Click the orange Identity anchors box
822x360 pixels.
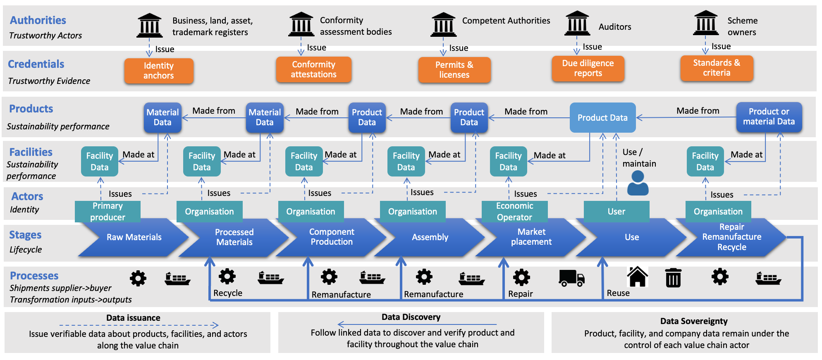tap(159, 71)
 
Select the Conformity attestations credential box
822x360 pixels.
tap(313, 69)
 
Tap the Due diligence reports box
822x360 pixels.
tap(588, 68)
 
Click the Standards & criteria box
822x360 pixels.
tap(717, 68)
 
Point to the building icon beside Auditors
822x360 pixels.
tap(577, 24)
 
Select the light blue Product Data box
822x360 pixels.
tap(602, 118)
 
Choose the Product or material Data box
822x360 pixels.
tap(769, 117)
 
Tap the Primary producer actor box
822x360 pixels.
tap(108, 211)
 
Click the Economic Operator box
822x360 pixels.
tap(514, 211)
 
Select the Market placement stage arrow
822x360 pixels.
tap(531, 237)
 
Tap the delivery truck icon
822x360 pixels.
tap(571, 278)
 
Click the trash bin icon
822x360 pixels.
tap(673, 277)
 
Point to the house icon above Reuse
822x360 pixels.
tap(637, 277)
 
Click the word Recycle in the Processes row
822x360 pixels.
tap(228, 293)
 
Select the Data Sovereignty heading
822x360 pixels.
tap(693, 321)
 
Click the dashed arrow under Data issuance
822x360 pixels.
tap(139, 325)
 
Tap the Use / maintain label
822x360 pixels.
tap(639, 158)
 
